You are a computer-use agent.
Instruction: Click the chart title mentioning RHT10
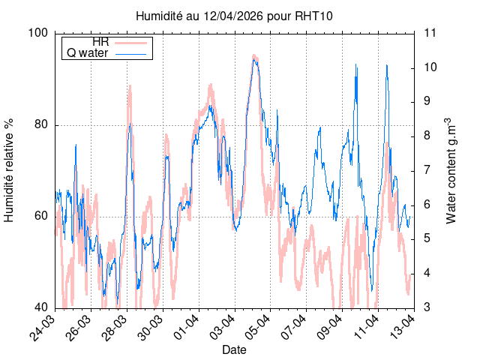(233, 16)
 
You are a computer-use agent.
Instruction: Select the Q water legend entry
(107, 53)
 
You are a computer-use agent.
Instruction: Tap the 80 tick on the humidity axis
(42, 124)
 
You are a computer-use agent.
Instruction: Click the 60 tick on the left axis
(42, 216)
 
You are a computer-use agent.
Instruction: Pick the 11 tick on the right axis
(430, 33)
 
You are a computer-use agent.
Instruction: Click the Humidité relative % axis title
(10, 170)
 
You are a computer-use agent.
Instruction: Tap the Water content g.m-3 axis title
(451, 170)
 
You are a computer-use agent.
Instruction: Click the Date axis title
(234, 349)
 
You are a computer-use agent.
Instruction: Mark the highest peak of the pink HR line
(254, 55)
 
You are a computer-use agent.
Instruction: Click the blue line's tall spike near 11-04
(387, 65)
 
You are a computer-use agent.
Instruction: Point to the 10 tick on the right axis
(430, 67)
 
